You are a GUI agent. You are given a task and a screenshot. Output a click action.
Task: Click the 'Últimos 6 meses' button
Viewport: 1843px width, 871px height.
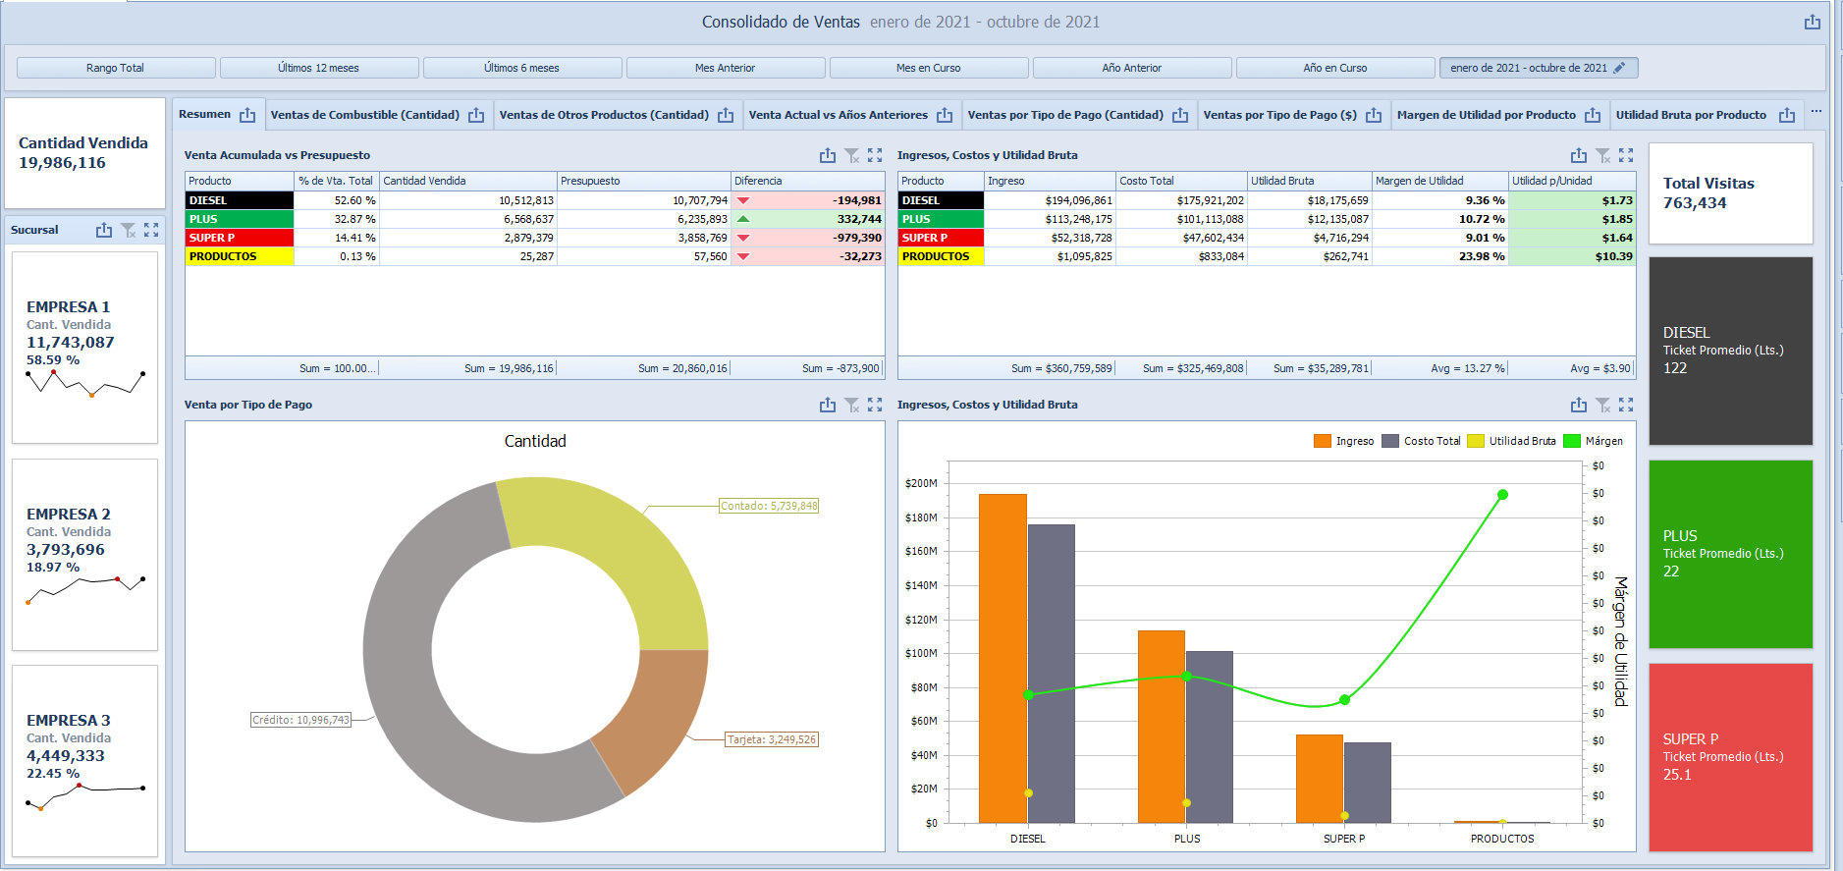521,68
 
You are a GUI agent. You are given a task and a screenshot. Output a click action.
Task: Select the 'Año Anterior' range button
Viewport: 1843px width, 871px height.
1131,68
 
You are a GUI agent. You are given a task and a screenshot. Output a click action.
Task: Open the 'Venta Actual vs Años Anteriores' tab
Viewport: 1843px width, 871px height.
838,115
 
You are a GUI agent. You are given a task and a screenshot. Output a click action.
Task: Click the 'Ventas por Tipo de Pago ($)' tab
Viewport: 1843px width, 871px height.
1279,115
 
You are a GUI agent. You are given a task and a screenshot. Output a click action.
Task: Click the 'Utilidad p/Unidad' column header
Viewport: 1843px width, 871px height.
1551,181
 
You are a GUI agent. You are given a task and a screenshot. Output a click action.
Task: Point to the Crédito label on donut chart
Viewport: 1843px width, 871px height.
300,720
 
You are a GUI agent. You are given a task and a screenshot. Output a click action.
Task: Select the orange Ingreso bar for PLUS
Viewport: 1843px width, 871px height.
1161,726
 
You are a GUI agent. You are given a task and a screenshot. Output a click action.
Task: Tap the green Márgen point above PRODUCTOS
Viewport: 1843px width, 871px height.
1502,495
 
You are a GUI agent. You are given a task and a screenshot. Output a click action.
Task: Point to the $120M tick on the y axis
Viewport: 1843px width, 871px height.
921,620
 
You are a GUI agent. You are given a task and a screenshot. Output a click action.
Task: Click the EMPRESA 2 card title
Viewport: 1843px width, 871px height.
69,514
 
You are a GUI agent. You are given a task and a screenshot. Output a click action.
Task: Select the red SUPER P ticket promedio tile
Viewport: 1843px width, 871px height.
1730,756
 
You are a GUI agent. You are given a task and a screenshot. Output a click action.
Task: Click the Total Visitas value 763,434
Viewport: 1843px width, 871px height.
1695,203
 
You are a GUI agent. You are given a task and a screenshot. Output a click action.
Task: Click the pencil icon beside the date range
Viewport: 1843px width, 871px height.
1619,68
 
